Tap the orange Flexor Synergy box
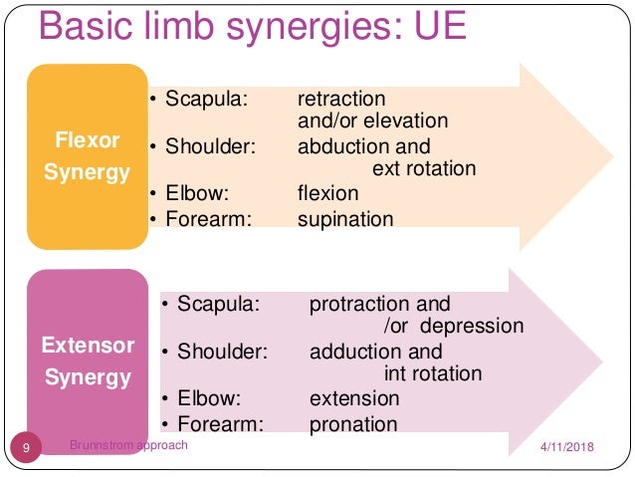click(87, 157)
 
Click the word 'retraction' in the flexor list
click(341, 100)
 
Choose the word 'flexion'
click(327, 194)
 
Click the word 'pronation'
click(353, 424)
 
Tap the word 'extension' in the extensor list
click(354, 399)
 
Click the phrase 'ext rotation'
click(424, 169)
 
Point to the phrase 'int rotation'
click(433, 374)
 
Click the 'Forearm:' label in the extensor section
click(219, 424)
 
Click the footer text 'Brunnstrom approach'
click(128, 445)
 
